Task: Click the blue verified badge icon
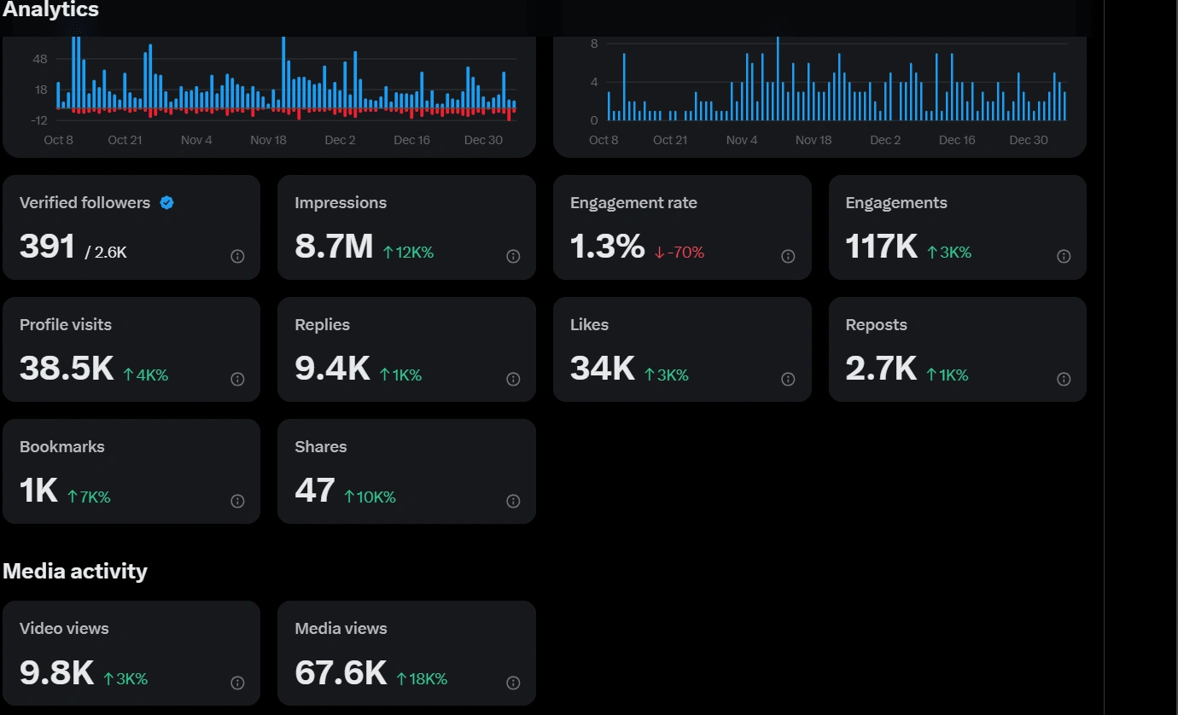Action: (167, 203)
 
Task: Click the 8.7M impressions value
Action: (334, 247)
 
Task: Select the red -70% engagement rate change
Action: (679, 253)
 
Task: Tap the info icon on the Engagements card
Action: (1064, 256)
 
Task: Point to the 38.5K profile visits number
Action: (67, 369)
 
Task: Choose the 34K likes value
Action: (602, 369)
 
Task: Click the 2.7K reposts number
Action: (881, 369)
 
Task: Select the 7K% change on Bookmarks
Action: (89, 497)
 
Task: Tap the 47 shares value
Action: (314, 491)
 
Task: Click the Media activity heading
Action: (75, 571)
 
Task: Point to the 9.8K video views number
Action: (56, 672)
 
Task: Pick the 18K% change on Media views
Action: (422, 679)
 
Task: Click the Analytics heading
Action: (50, 10)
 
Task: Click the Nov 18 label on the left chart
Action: (268, 140)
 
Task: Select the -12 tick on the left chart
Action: (38, 120)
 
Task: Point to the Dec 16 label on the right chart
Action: (957, 140)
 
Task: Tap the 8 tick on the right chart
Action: (594, 44)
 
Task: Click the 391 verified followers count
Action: (48, 247)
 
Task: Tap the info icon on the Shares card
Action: (513, 501)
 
